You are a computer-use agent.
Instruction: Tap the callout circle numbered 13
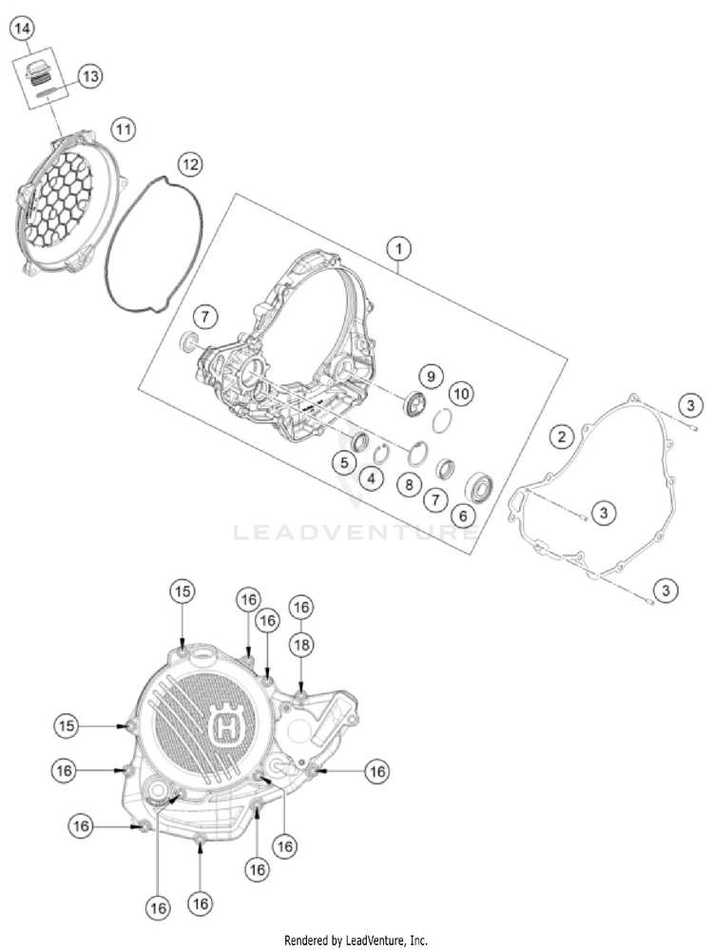89,76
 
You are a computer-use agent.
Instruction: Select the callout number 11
123,129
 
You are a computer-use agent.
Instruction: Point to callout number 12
189,165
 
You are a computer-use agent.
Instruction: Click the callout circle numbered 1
398,248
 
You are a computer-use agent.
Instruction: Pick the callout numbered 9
431,377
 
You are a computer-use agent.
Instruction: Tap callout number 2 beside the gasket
562,436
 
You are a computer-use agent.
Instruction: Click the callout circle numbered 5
344,463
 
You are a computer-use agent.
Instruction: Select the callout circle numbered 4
372,478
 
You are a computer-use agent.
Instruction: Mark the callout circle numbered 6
463,515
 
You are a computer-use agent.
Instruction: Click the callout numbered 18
301,646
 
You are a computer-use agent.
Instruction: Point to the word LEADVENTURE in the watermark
356,533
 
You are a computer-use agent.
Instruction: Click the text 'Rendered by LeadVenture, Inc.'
356,940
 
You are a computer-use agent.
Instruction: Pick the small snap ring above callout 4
381,452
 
